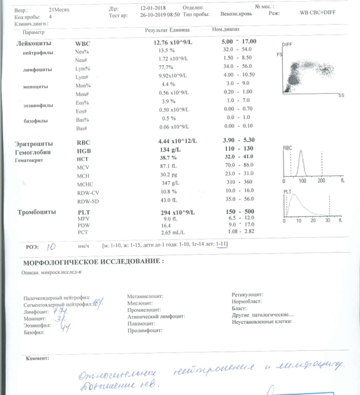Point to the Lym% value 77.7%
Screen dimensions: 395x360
[x=168, y=68]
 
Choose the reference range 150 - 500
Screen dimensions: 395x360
[x=241, y=211]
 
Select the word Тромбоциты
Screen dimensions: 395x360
[x=37, y=212]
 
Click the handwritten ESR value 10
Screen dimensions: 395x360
[x=51, y=246]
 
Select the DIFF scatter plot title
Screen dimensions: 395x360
[x=287, y=45]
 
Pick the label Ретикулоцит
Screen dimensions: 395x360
[x=248, y=295]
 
